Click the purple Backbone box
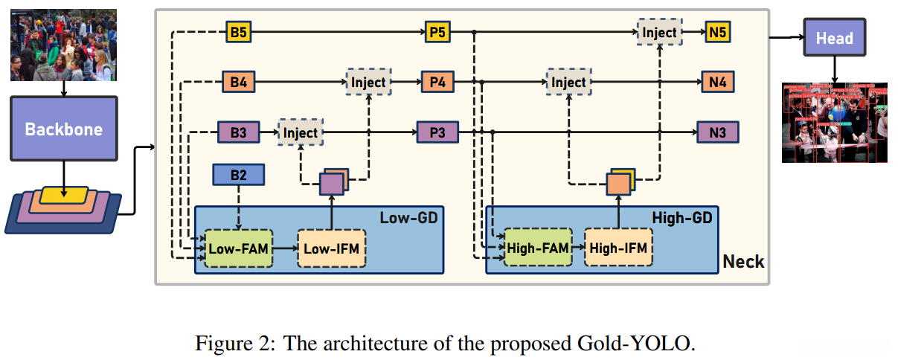(63, 128)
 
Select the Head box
(834, 38)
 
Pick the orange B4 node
(238, 82)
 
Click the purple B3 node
(238, 132)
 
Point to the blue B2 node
(238, 175)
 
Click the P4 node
(437, 82)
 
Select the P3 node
(437, 132)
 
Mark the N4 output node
(717, 82)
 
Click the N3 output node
(717, 132)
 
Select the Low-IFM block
(332, 248)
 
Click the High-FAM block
(537, 248)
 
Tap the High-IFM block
(618, 248)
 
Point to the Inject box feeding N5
(659, 33)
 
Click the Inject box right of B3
(301, 132)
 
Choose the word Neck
(743, 261)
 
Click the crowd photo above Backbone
(63, 45)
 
